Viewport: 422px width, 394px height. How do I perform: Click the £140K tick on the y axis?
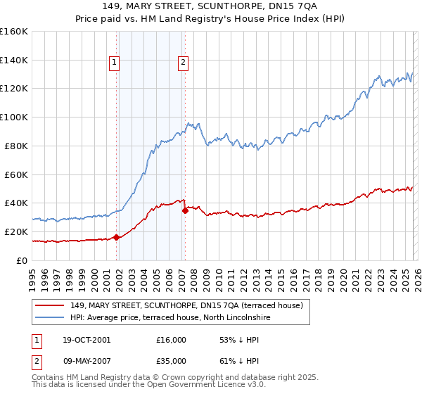pyautogui.click(x=13, y=60)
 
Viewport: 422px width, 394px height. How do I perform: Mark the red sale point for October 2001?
pyautogui.click(x=116, y=237)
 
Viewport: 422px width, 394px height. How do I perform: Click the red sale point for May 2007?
pyautogui.click(x=185, y=210)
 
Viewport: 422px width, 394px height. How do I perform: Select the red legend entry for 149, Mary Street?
pyautogui.click(x=186, y=305)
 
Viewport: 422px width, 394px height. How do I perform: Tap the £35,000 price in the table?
pyautogui.click(x=171, y=360)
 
